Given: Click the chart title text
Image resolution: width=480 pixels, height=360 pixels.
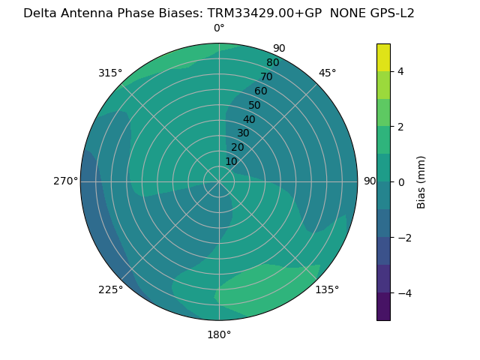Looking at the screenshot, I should pos(219,13).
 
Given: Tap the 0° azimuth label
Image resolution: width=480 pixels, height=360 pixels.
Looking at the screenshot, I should pos(219,28).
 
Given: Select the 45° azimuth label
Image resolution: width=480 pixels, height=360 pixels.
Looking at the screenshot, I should pos(328,73).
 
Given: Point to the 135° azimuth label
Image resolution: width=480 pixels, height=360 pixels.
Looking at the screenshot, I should pos(327,289).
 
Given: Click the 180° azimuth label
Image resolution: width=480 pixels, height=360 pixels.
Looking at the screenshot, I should pos(219,334).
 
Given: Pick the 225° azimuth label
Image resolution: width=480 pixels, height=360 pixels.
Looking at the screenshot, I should pos(110,290).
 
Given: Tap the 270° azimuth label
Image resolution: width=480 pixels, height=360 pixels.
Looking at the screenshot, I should pos(66,181).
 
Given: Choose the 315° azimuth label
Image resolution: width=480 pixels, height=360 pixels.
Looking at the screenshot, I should pos(110,73).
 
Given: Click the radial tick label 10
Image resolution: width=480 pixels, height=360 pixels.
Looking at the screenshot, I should pos(231,161).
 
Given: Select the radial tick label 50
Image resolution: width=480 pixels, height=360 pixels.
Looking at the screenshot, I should pos(255,106).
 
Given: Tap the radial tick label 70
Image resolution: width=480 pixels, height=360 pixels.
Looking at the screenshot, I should pos(267,77).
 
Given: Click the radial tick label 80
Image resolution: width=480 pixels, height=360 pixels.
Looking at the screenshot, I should pos(273,63).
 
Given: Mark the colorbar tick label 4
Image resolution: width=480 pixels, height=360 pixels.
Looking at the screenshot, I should pos(401,71).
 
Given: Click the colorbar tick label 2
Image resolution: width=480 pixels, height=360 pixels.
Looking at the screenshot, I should pos(401,127).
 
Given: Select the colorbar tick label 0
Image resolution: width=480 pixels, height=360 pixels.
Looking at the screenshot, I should pos(401,182).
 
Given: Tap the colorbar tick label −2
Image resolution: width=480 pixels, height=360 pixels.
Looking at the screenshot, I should pos(401,238).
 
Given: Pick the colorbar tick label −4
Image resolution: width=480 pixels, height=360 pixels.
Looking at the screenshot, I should pos(401,293).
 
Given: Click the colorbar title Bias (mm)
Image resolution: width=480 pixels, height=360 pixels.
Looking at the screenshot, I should pos(421,182).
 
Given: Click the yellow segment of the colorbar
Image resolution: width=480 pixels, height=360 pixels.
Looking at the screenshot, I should pos(383,57).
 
